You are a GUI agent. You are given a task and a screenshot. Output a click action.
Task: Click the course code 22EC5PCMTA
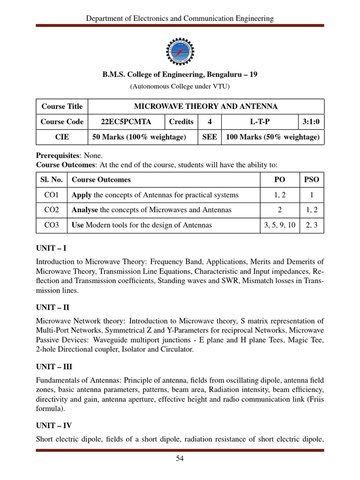point(126,122)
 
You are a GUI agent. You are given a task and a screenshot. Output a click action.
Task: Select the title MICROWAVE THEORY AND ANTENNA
point(206,106)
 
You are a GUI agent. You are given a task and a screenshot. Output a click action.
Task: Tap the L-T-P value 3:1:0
point(311,122)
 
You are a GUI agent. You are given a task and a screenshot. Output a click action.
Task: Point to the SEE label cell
point(209,137)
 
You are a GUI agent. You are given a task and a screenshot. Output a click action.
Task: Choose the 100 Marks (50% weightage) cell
point(273,137)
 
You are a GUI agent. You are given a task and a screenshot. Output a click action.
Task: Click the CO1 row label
point(52,195)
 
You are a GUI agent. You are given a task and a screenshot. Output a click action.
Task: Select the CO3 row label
point(52,225)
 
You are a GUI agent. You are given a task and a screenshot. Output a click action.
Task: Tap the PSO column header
point(311,180)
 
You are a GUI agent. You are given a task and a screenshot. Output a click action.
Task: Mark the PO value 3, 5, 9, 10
point(279,225)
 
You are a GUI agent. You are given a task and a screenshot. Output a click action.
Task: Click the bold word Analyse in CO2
point(84,210)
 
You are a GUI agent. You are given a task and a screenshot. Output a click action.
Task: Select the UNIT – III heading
point(54,367)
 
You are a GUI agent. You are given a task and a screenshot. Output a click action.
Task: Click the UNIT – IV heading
point(54,426)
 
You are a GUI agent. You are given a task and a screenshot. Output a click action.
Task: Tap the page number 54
point(180,459)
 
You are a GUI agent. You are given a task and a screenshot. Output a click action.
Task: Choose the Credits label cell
point(181,122)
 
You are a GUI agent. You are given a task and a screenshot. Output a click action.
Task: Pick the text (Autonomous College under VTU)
point(180,86)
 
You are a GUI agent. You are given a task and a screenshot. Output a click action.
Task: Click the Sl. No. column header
point(52,180)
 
